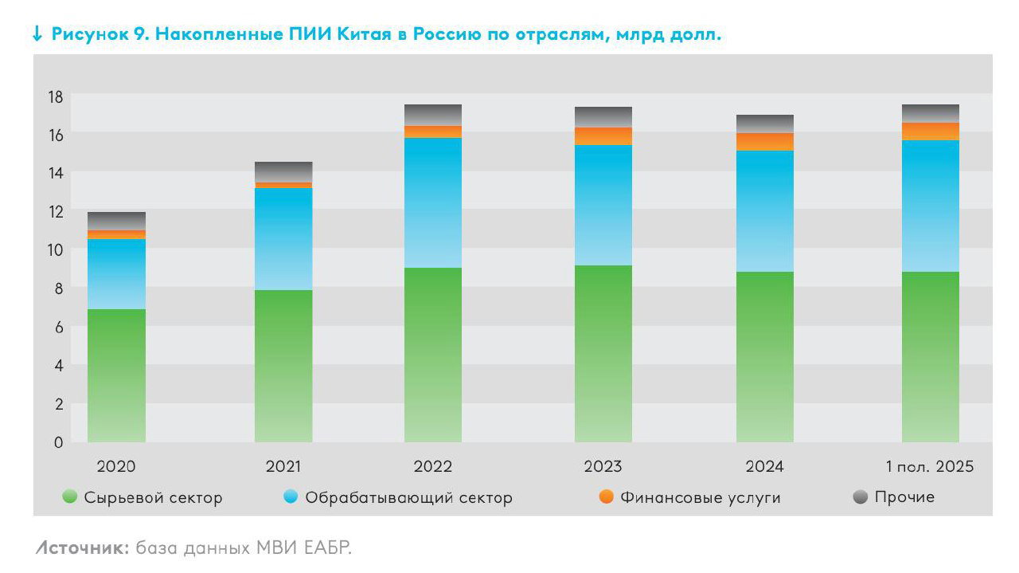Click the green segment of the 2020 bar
(116, 375)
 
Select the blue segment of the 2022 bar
(433, 202)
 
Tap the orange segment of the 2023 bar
(603, 136)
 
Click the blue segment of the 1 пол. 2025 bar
(930, 206)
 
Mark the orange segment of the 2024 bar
(764, 142)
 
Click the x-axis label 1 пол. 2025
(930, 467)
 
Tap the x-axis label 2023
(603, 467)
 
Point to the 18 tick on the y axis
(55, 96)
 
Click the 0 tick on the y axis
(58, 442)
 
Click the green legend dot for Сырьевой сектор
(70, 497)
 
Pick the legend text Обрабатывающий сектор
(409, 498)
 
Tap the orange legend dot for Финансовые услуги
(607, 497)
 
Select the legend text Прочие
(904, 497)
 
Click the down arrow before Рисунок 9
(37, 34)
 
